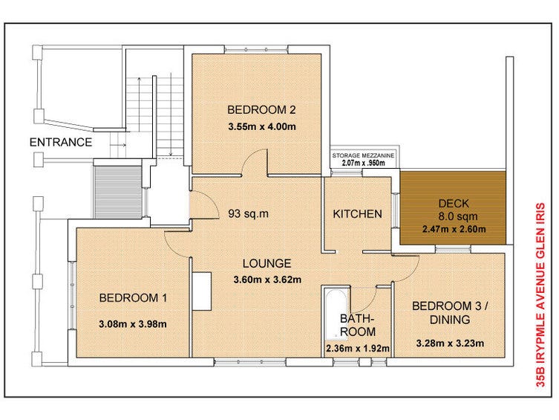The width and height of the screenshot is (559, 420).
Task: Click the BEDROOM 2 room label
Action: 261,110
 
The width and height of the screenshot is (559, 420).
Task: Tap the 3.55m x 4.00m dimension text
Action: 262,126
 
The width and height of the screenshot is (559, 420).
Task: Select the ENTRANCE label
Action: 61,143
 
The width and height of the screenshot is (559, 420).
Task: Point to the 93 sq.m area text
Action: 248,214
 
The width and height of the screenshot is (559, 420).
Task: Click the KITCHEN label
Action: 357,214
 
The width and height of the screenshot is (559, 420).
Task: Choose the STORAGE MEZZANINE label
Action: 363,155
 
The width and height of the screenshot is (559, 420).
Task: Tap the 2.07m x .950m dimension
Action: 363,164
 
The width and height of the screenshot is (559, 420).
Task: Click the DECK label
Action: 454,204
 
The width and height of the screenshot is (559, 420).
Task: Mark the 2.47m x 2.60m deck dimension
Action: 454,229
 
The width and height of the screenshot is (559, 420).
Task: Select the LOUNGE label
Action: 267,264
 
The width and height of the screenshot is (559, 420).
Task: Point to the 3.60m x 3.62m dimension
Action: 267,280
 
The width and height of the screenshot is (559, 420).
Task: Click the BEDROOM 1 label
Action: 133,298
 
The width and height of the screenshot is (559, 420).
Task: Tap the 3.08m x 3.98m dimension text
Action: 133,324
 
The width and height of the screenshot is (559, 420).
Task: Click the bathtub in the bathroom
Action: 336,314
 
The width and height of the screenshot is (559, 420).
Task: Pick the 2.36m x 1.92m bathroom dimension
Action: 358,349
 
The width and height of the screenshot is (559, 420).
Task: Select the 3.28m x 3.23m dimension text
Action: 450,343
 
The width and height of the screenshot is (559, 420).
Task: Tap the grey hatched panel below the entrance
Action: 118,192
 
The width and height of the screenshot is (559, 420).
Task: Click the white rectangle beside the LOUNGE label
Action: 202,291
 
